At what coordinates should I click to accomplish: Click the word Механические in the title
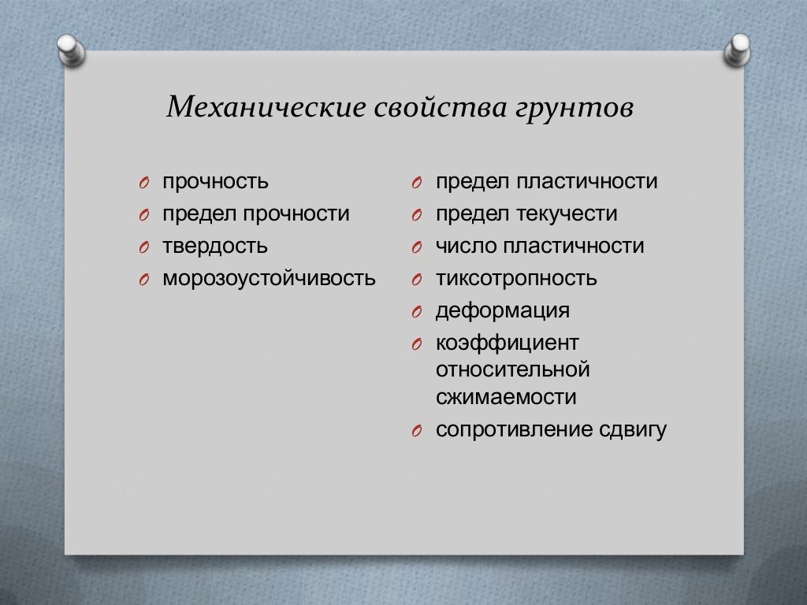pos(266,106)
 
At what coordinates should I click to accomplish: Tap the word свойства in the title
pos(440,107)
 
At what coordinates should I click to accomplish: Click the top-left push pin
pos(71,50)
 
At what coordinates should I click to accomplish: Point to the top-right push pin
pos(737,50)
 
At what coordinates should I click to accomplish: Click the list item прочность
pos(215,182)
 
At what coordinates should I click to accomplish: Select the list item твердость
pos(214,246)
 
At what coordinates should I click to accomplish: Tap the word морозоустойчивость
pos(269,278)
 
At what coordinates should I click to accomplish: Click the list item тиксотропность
pos(516,278)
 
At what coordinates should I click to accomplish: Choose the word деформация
pos(503,310)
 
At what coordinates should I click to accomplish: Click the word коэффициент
pos(508,343)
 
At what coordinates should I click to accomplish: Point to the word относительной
pos(512,370)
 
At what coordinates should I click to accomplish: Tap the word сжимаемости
pos(506,397)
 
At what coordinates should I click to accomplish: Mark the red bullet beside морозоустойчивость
pos(144,280)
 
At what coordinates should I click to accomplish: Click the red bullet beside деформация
pos(417,312)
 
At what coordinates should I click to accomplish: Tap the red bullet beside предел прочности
pos(144,215)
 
